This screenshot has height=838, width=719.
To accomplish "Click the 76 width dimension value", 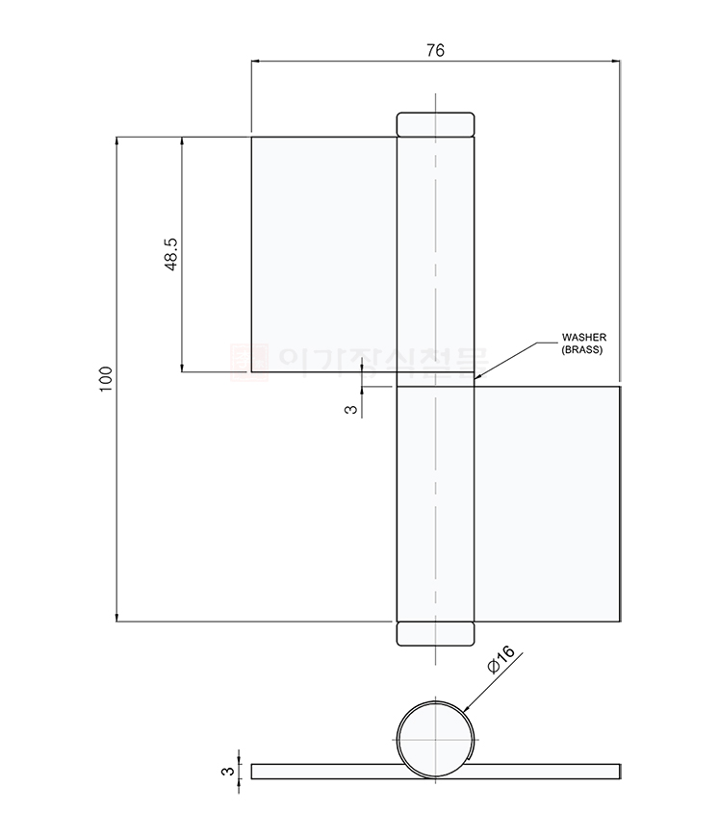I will [435, 52].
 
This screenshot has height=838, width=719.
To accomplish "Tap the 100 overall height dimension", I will [106, 378].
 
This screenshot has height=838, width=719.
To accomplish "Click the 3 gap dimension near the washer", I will [350, 409].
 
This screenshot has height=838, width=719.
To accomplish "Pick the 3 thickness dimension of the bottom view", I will [228, 771].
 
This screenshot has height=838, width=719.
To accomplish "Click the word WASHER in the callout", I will [583, 338].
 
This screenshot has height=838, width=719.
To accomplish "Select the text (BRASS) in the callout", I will [582, 351].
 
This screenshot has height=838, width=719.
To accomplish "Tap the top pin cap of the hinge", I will [436, 124].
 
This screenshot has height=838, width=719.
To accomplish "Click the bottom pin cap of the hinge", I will [435, 634].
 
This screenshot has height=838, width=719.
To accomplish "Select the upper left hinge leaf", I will [323, 253].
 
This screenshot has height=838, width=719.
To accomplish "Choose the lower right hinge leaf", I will [546, 504].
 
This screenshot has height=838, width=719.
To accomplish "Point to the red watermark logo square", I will [253, 360].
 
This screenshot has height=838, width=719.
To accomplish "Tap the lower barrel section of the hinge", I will [435, 504].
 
